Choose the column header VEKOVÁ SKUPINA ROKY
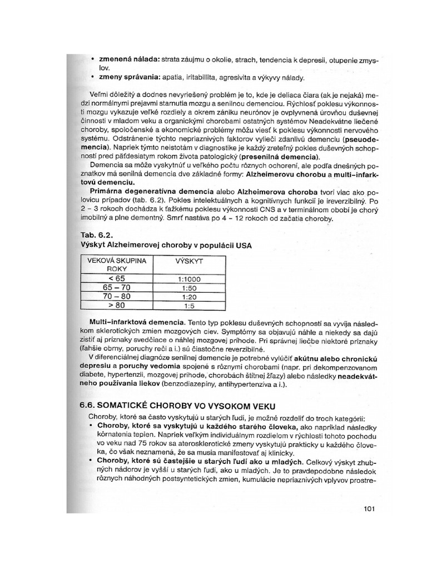tap(117, 264)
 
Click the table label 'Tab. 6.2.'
tap(98, 234)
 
